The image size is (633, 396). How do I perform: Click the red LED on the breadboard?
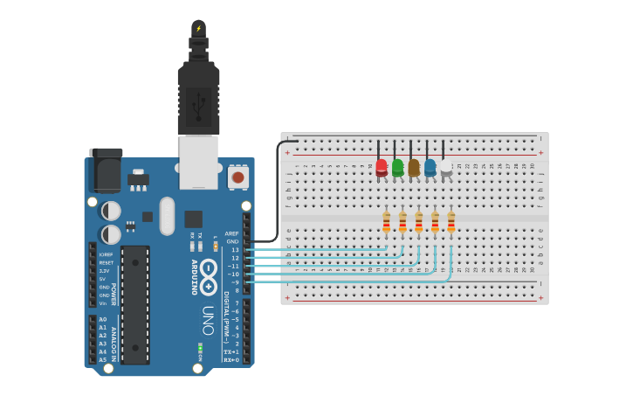(382, 167)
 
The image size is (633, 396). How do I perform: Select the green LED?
(398, 167)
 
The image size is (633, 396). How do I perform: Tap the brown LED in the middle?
(414, 167)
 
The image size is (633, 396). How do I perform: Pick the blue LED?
(430, 167)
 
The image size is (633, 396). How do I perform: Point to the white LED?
(446, 167)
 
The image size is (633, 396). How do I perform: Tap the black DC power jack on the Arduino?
(106, 170)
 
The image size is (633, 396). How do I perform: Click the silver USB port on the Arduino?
(198, 162)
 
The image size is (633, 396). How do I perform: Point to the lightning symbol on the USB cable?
(198, 29)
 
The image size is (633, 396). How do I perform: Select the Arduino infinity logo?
(208, 276)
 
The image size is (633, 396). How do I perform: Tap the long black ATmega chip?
(135, 304)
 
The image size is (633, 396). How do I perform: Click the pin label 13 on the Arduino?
(235, 250)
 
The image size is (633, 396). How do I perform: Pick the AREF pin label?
(231, 233)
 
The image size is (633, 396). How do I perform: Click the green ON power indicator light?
(200, 350)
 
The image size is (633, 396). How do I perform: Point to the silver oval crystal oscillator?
(167, 216)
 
